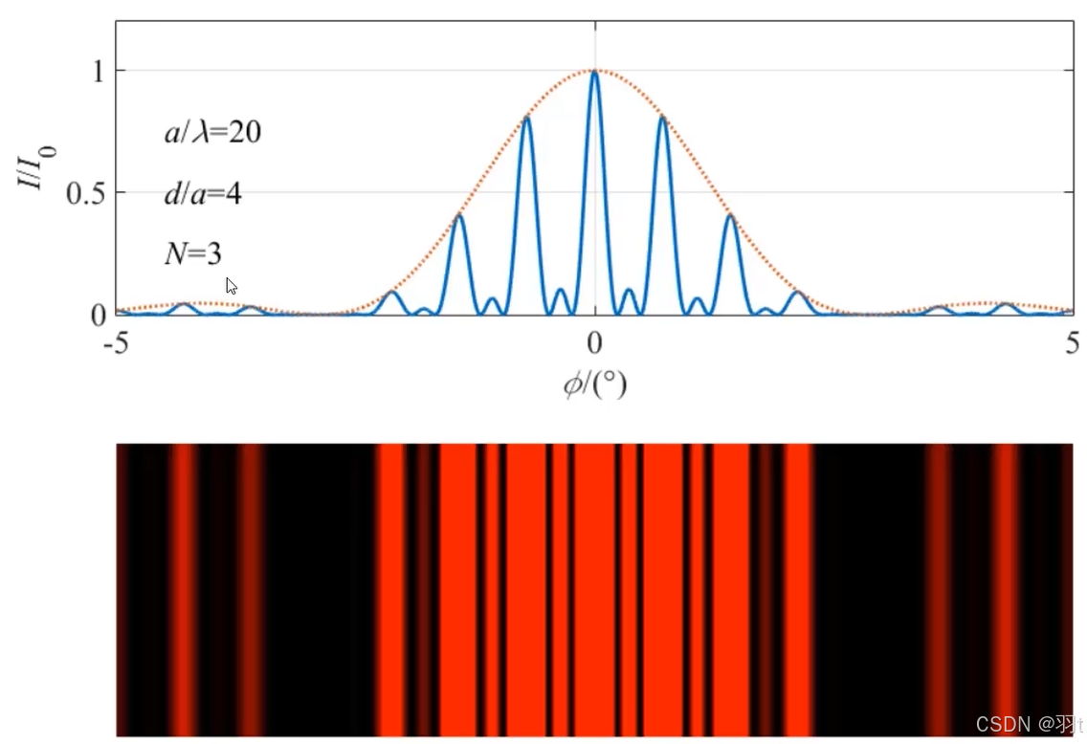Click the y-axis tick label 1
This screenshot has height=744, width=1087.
99,71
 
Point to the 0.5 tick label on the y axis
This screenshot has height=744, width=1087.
85,193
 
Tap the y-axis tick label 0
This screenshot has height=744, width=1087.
98,316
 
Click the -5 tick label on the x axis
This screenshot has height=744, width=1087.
117,343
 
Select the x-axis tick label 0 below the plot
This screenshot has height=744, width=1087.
594,343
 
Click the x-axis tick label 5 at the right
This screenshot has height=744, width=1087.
1073,343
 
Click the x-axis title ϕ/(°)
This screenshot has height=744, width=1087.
595,383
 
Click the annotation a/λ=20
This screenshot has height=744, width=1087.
212,132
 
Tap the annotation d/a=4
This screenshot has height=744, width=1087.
203,193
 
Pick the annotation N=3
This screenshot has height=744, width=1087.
193,253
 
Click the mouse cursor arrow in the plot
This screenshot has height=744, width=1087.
231,285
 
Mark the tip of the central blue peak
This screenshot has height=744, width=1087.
595,72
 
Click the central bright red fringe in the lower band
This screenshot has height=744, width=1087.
595,589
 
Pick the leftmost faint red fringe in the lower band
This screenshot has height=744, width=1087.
185,589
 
